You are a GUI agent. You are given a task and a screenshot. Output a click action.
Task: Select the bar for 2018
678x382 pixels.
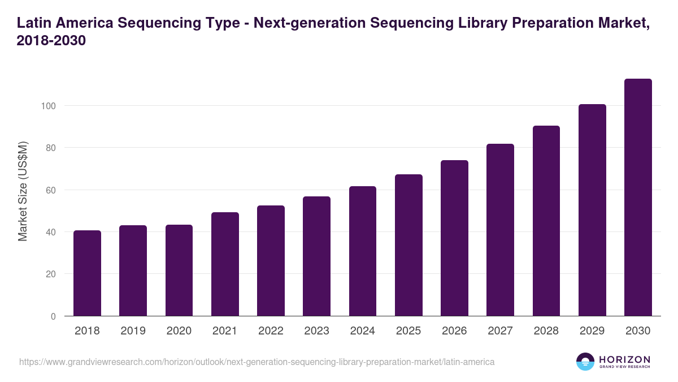point(87,273)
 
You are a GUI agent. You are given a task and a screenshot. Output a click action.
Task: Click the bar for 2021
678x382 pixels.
point(225,264)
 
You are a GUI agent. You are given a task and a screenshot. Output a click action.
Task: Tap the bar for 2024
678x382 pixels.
point(363,251)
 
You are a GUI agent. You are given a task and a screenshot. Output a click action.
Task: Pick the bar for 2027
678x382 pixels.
point(500,230)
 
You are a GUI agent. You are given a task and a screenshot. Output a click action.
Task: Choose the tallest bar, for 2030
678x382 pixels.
point(638,198)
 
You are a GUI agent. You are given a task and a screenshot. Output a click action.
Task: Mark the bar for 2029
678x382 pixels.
point(592,210)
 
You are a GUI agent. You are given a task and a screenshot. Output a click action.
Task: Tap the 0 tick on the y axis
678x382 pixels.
point(53,316)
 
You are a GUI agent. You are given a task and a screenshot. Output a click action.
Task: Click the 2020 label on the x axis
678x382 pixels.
point(179,331)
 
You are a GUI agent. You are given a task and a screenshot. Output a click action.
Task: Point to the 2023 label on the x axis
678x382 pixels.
point(316,331)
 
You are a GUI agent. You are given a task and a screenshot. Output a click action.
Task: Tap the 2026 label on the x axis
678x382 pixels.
point(454,331)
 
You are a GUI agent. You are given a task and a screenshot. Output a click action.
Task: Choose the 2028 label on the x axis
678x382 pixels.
point(546,331)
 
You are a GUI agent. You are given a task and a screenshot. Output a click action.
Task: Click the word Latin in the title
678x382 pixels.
point(34,23)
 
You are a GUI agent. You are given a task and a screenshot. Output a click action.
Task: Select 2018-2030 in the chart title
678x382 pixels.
point(51,41)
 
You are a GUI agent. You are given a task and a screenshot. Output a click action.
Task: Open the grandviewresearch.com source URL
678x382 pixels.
point(257,362)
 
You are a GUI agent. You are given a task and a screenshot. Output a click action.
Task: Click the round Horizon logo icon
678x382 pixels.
point(585,362)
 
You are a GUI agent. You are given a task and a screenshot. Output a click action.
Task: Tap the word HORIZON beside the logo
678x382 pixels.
point(624,359)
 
